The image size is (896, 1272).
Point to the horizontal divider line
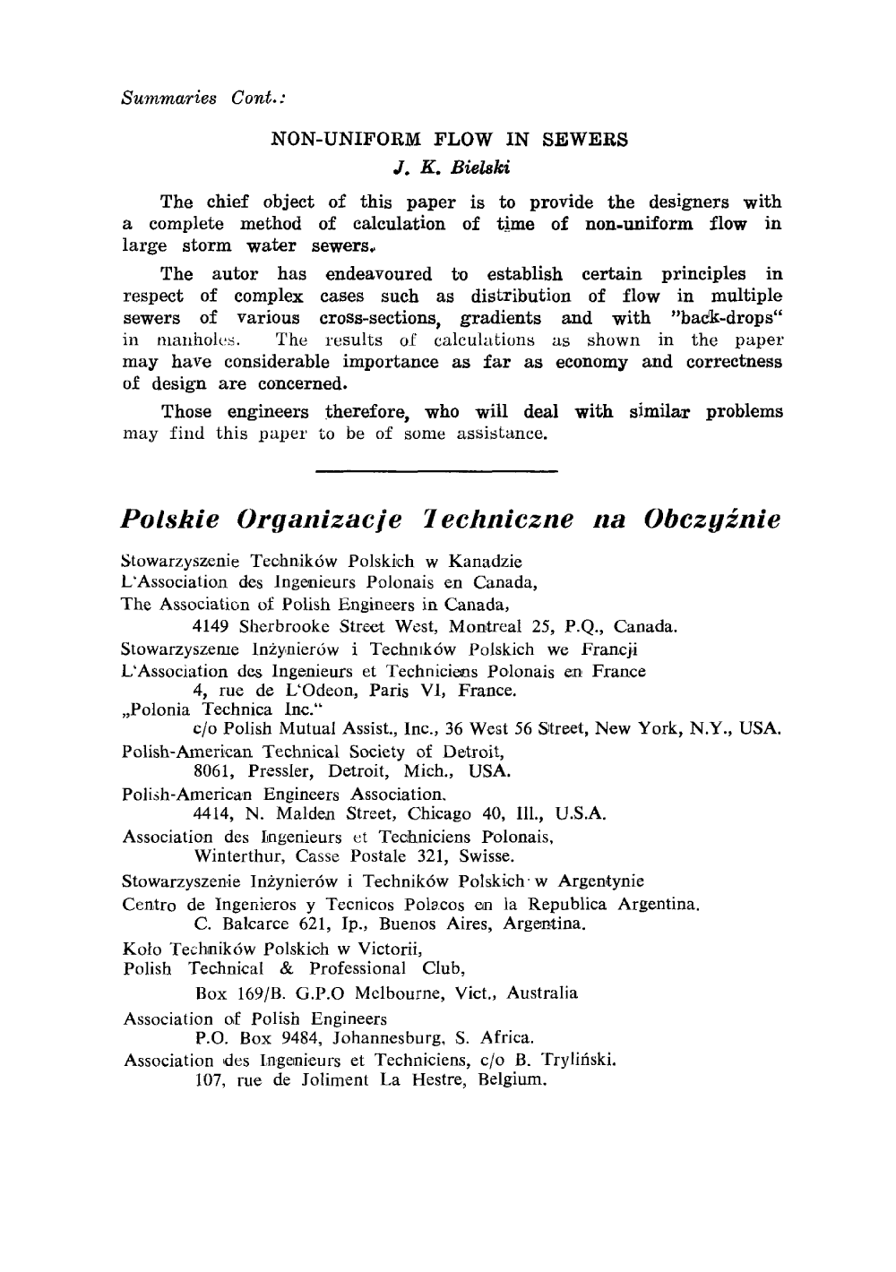tap(437, 468)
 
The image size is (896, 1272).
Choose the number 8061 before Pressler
tap(213, 770)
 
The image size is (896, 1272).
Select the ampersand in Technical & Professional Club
tap(286, 969)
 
